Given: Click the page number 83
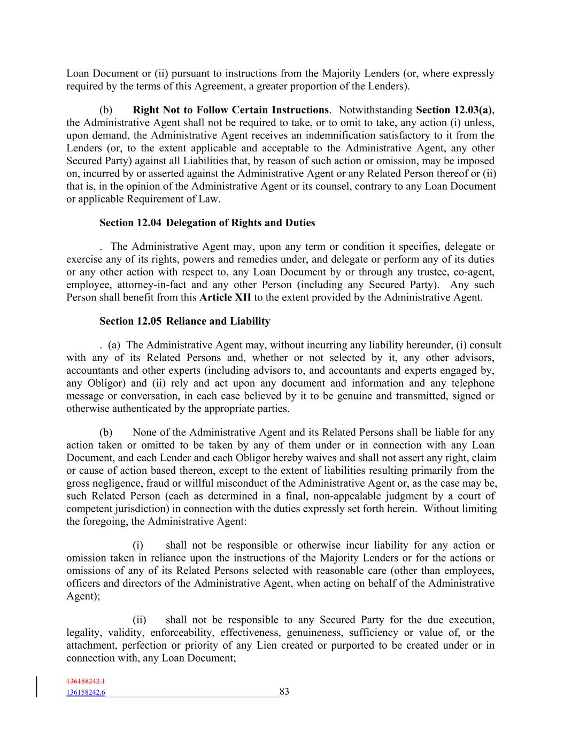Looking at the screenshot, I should coord(284,691).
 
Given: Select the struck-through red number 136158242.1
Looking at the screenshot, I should coord(86,682).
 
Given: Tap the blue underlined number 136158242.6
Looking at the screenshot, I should coord(86,693).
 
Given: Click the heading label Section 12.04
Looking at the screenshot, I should coord(130,223).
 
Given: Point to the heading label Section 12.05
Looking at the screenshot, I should coord(130,321).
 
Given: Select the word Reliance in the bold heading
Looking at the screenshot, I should coord(188,321).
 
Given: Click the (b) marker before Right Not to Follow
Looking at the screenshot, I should coord(106,110).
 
